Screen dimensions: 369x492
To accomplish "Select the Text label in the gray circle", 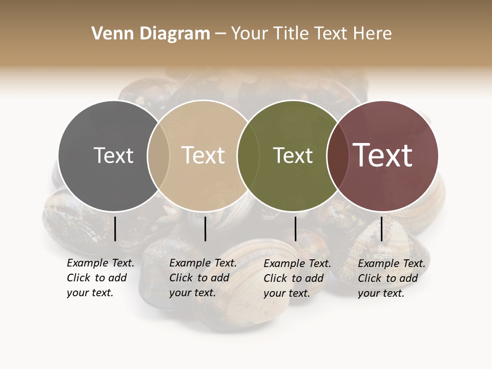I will tap(113, 155).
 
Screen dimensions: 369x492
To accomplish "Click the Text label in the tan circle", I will tap(203, 155).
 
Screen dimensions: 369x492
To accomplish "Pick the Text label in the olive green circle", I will tap(293, 155).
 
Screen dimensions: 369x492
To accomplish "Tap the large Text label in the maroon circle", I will tap(383, 155).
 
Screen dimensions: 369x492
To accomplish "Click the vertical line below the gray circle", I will tap(115, 229).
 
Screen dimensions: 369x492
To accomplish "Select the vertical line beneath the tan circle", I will tap(205, 229).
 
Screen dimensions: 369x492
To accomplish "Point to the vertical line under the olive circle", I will tap(295, 229).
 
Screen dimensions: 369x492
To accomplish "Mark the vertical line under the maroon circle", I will tap(381, 229).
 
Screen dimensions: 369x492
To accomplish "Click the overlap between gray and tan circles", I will tap(158, 155).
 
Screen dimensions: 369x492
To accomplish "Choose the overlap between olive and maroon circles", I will tap(336, 155).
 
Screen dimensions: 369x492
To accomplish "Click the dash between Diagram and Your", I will tap(220, 34).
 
